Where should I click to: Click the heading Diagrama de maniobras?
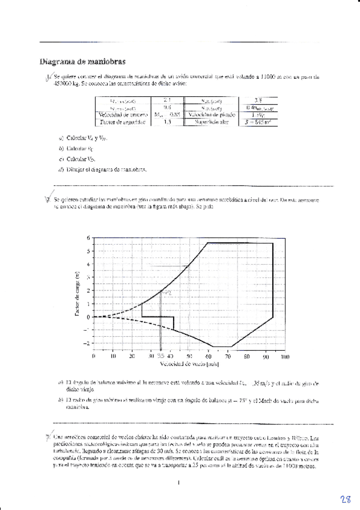[82, 61]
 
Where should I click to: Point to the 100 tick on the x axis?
[284, 356]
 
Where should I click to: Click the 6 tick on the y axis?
[88, 238]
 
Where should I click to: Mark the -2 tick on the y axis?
[87, 343]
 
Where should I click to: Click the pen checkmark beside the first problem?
[49, 76]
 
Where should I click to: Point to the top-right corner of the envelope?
[273, 243]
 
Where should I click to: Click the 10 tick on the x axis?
[113, 356]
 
